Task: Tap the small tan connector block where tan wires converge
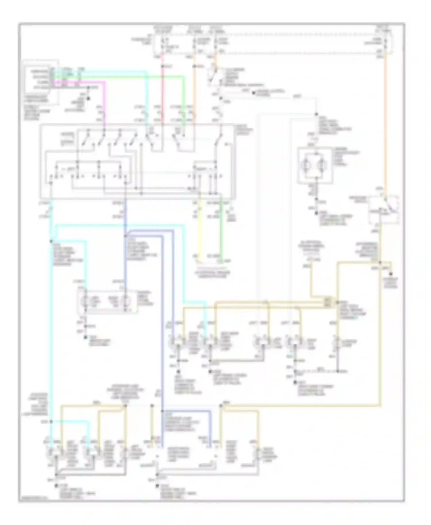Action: click(327, 302)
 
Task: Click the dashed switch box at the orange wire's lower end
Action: click(384, 209)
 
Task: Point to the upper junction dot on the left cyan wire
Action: click(51, 241)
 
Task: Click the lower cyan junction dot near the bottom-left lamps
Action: click(51, 422)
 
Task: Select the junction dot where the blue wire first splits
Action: click(126, 236)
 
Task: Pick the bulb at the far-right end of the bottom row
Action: click(257, 455)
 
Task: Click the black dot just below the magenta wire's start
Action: click(88, 99)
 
